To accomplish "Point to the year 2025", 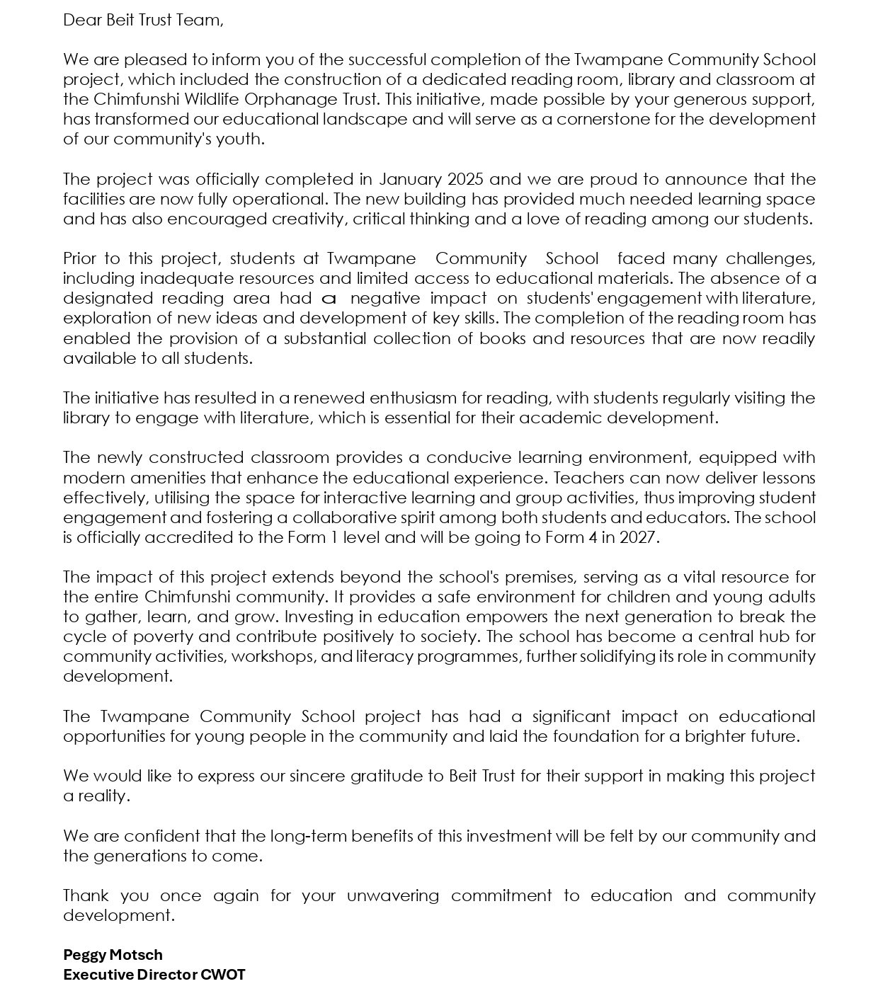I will click(x=464, y=179).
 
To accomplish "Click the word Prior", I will click(x=80, y=258).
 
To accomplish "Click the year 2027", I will click(x=639, y=537).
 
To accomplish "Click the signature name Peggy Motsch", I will click(x=113, y=955).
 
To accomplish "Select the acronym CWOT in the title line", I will click(x=223, y=975).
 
